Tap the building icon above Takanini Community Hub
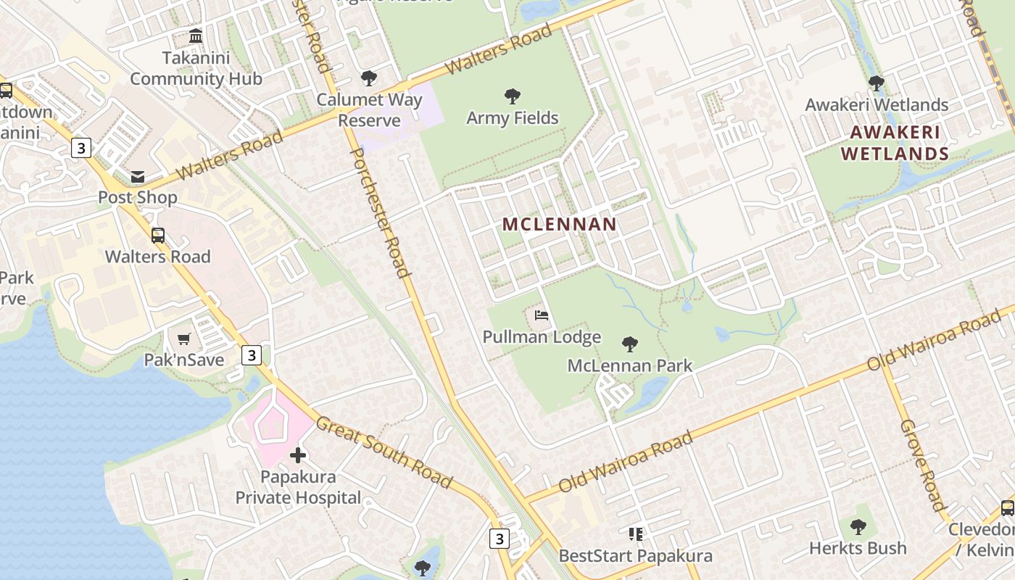(x=196, y=36)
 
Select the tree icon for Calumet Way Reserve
(x=369, y=78)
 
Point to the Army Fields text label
(x=513, y=117)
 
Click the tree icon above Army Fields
(x=513, y=96)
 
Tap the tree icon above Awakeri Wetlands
(x=877, y=83)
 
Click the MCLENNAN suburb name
(x=559, y=225)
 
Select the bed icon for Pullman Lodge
(x=542, y=315)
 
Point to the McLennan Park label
(x=630, y=365)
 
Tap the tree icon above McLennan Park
(x=630, y=344)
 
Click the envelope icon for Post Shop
(x=138, y=176)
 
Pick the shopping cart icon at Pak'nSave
(x=184, y=339)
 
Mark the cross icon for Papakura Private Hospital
(x=298, y=455)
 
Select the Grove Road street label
(x=922, y=465)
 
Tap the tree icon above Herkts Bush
(x=858, y=526)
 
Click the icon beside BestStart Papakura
(x=636, y=534)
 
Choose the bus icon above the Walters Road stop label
(x=158, y=235)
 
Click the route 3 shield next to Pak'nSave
(x=252, y=355)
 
